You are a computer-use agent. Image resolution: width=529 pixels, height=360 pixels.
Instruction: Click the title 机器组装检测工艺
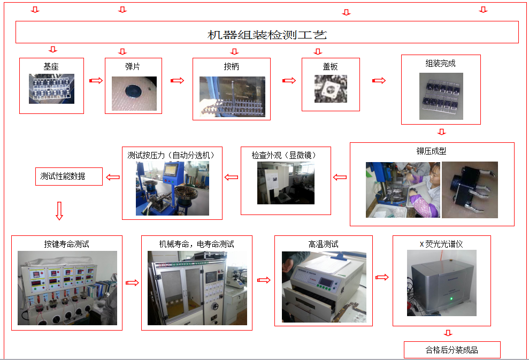pos(267,35)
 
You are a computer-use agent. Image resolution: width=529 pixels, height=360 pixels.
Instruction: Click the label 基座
pos(51,66)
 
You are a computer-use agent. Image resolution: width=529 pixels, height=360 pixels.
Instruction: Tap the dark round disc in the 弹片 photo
pos(134,91)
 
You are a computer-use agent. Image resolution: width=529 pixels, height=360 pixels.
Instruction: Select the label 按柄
pos(232,66)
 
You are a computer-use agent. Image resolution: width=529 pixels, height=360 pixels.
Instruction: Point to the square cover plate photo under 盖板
pos(331,89)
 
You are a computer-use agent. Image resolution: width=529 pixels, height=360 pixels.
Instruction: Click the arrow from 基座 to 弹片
pos(96,81)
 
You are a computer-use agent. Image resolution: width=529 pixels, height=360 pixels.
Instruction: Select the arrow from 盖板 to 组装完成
pos(379,81)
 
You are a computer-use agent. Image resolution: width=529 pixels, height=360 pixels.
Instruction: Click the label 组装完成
pos(440,64)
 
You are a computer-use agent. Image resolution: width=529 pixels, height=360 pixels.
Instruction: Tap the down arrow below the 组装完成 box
pos(442,132)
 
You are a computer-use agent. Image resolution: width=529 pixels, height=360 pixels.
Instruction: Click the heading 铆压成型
pos(431,151)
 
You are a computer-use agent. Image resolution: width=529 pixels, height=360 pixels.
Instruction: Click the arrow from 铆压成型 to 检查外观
pos(340,178)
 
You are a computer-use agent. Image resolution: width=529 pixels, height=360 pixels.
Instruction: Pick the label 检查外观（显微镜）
pos(283,155)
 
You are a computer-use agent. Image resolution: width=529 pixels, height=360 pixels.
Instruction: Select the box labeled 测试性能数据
pos(69,177)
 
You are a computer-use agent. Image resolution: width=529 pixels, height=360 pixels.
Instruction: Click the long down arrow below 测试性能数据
pos(59,211)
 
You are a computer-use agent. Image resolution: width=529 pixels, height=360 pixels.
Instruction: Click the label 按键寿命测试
pos(66,244)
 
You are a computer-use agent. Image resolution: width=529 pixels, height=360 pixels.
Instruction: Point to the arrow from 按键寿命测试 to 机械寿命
pos(132,283)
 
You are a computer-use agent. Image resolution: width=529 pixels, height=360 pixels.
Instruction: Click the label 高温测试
pos(323,244)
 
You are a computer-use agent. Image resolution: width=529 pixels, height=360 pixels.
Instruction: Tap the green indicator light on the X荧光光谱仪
pos(451,298)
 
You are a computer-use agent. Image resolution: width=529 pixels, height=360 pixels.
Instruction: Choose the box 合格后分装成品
pos(452,350)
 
